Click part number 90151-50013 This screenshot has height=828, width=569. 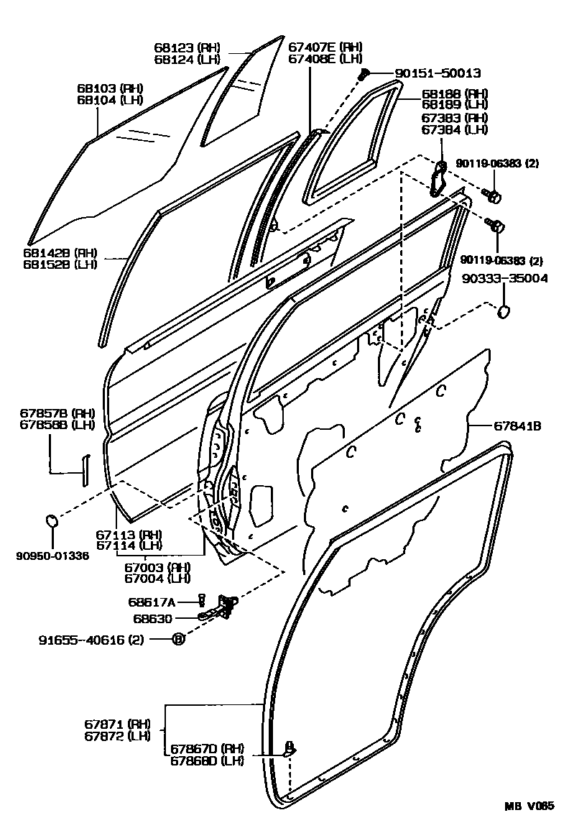[437, 73]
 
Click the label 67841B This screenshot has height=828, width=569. [517, 426]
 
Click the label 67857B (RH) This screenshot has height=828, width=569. [47, 413]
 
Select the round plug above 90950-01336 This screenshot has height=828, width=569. [52, 520]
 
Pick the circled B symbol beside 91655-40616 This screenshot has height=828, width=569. [179, 638]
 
